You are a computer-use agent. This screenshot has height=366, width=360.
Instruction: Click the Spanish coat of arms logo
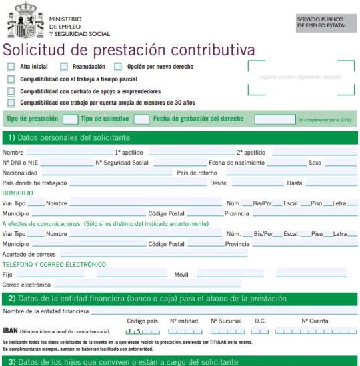25,21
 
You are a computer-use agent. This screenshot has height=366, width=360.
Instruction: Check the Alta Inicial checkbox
11,67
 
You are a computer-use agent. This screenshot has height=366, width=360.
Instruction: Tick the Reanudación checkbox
64,67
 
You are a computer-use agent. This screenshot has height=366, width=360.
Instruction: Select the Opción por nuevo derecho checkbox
119,67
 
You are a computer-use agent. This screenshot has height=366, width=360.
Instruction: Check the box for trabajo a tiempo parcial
11,79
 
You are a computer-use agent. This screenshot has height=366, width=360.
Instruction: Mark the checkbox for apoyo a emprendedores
11,91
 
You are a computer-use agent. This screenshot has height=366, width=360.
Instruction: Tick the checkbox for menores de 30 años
11,103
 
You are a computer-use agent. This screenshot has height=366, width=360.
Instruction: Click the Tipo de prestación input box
70,119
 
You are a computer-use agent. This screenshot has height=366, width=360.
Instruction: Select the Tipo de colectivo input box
141,119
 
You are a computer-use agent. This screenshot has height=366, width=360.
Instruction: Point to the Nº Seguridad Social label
122,163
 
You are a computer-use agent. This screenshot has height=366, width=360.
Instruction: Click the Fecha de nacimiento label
233,163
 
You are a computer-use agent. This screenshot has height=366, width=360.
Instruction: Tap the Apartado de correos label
29,254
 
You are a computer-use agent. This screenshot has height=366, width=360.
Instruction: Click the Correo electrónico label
27,285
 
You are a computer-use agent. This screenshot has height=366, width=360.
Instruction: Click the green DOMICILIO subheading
18,193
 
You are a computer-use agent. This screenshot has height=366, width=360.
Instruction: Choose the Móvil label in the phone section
182,274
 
